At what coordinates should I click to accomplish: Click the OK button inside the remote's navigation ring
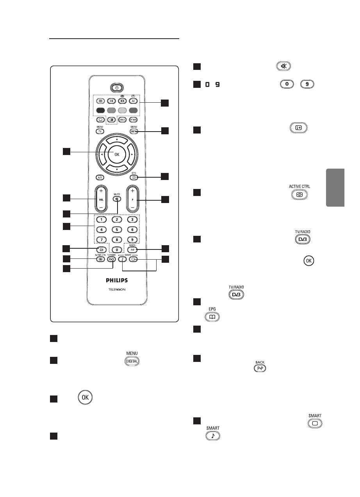(x=116, y=154)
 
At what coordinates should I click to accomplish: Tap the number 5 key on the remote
(x=116, y=230)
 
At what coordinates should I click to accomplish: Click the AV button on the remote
(x=132, y=100)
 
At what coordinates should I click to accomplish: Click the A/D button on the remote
(x=100, y=177)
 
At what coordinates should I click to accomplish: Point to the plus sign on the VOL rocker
(x=101, y=191)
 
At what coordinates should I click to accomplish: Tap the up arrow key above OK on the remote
(x=116, y=140)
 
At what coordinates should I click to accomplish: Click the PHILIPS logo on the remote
(x=116, y=280)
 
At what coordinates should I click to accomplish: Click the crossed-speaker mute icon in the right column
(x=283, y=66)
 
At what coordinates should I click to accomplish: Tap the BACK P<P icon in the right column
(x=260, y=369)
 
